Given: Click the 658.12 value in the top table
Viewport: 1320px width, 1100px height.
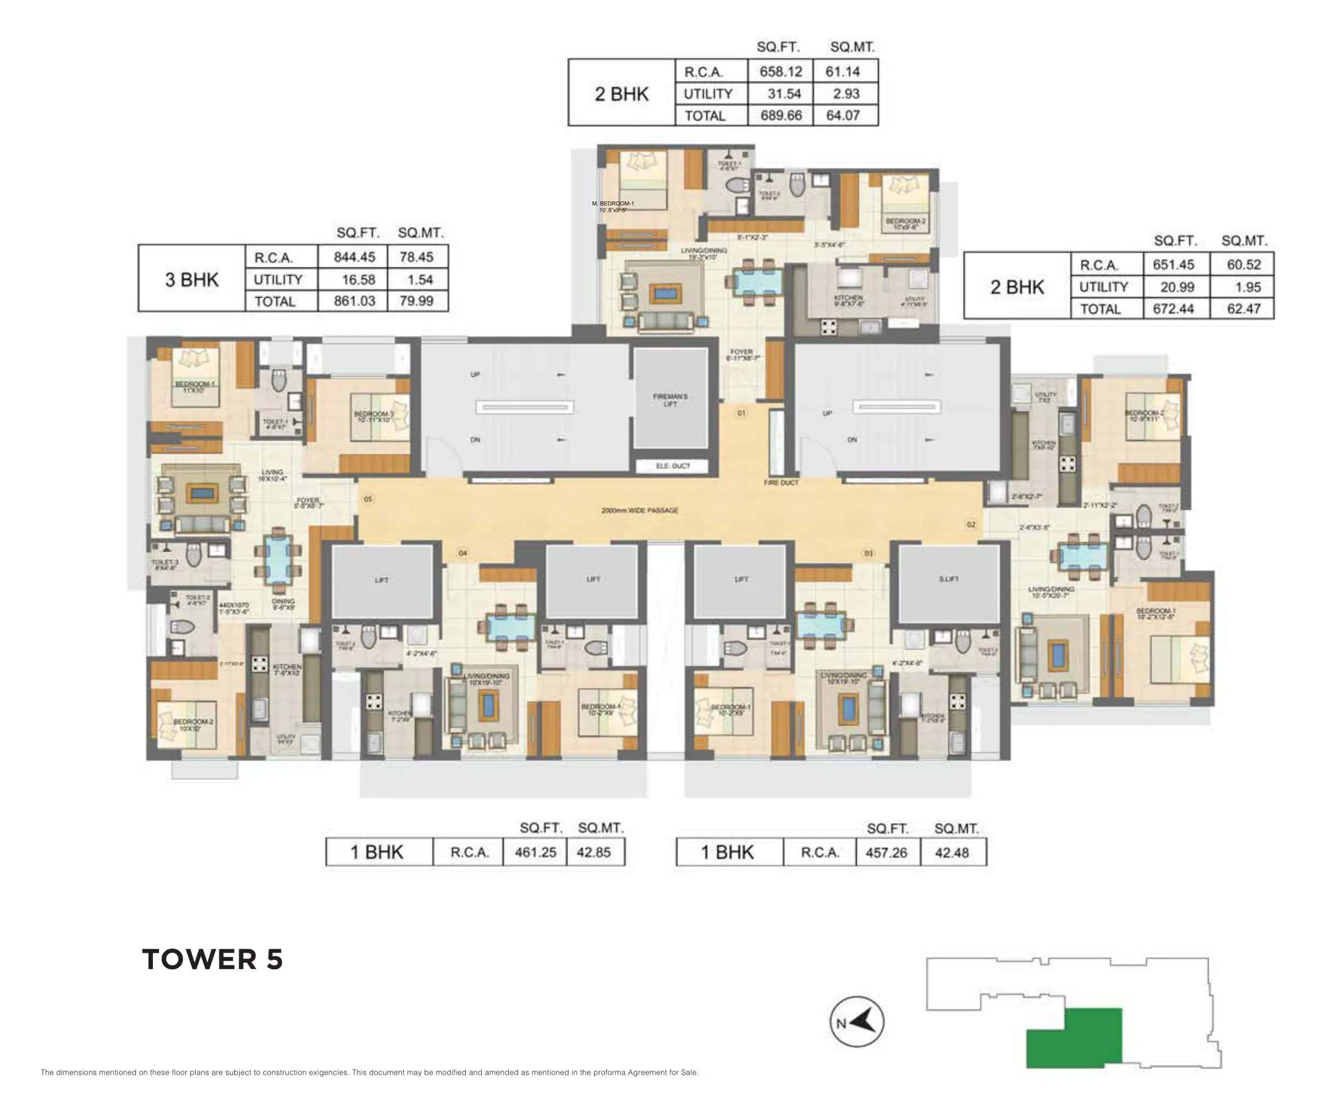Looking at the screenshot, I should point(780,71).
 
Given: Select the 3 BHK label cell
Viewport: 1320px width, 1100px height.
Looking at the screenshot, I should point(192,280).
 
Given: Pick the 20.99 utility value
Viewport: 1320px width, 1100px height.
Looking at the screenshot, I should point(1176,287).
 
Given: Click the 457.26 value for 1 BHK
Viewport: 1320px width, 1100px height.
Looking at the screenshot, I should point(886,853).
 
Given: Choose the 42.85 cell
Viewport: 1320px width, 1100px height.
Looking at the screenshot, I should point(593,853).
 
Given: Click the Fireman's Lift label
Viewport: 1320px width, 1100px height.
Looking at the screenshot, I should point(670,400).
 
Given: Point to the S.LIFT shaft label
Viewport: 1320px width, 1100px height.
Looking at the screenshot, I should point(949,579).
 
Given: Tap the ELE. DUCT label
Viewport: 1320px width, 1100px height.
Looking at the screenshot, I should point(673,466).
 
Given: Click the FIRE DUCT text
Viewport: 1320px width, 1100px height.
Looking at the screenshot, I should point(780,483).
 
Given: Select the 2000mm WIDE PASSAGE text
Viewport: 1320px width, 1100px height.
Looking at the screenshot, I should point(639,510).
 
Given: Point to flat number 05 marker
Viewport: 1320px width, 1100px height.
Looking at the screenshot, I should point(368,499).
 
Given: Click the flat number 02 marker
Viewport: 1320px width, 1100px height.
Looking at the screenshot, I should point(971,524).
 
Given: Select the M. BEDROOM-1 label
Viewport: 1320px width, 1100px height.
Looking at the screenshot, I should point(613,204).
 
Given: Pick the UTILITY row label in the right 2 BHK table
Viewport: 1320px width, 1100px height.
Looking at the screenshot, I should point(1103,287).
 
